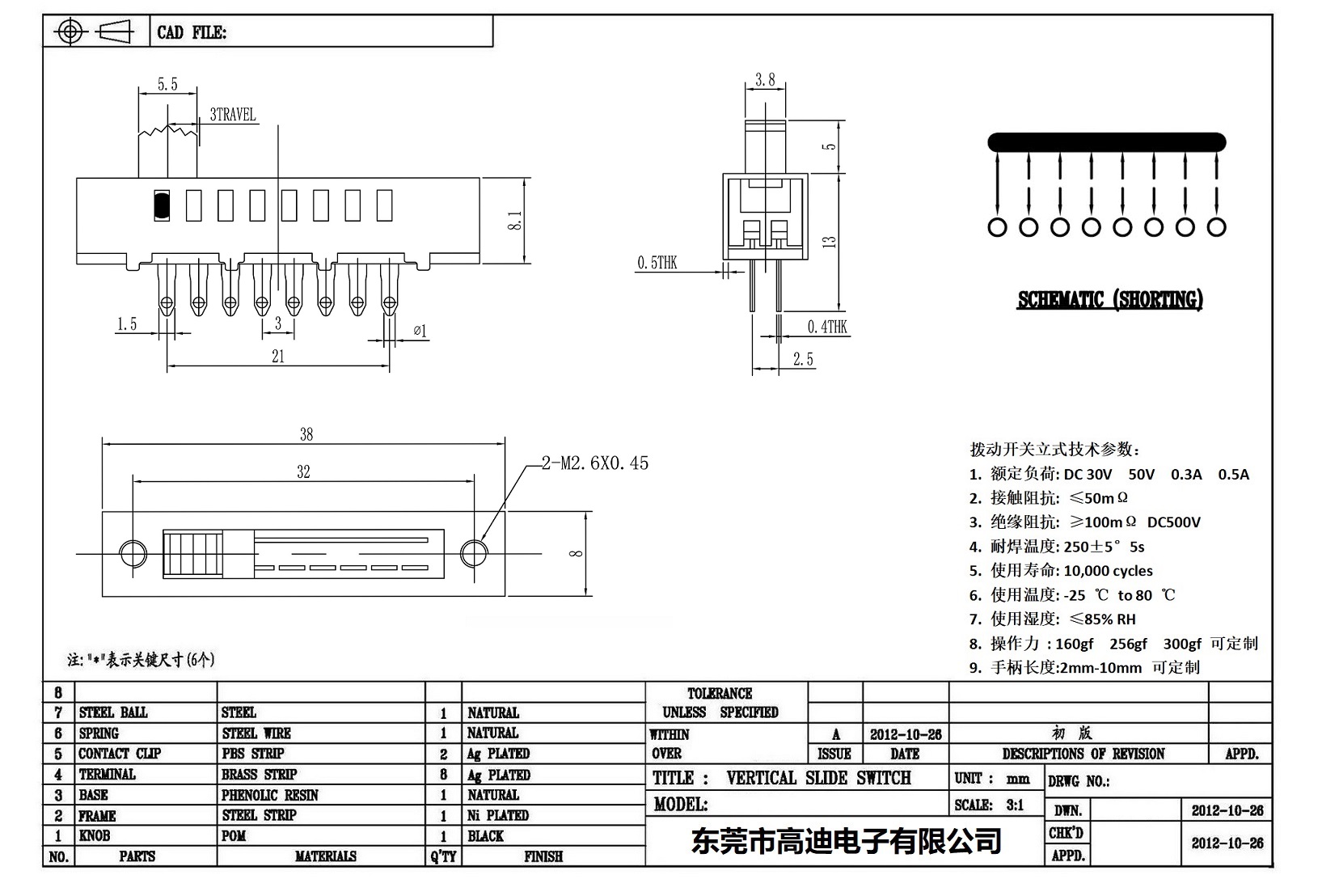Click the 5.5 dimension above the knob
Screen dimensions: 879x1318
[167, 84]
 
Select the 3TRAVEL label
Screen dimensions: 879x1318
[232, 115]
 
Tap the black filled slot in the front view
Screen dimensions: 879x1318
[161, 205]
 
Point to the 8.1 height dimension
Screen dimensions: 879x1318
[514, 219]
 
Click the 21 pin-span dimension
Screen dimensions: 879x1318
[278, 356]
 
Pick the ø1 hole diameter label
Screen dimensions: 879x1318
[420, 330]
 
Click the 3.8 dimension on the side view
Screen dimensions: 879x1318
[765, 79]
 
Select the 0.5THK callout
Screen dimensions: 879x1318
[657, 262]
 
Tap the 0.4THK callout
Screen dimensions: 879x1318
[827, 327]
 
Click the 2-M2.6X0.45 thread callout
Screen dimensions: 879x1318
[595, 463]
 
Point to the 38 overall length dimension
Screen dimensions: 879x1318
[306, 434]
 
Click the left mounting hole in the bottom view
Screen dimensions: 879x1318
[133, 554]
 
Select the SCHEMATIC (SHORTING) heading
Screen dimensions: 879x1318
[1109, 300]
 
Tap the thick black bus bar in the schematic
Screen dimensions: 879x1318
[1106, 143]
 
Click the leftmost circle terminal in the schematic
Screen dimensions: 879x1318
[997, 228]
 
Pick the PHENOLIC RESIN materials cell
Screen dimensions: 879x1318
[270, 795]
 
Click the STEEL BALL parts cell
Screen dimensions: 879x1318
[113, 712]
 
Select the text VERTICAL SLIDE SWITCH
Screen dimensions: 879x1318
[818, 778]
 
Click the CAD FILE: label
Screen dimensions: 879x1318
[192, 32]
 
